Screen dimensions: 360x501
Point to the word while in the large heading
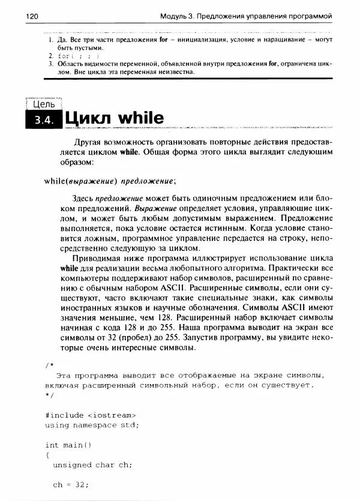(x=140, y=118)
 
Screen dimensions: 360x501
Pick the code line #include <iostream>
(x=90, y=415)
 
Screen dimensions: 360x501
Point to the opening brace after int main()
(x=47, y=455)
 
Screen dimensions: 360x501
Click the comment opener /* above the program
(x=49, y=365)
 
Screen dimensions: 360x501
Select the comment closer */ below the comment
(x=49, y=395)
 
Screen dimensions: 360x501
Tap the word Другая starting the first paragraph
(x=90, y=142)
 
